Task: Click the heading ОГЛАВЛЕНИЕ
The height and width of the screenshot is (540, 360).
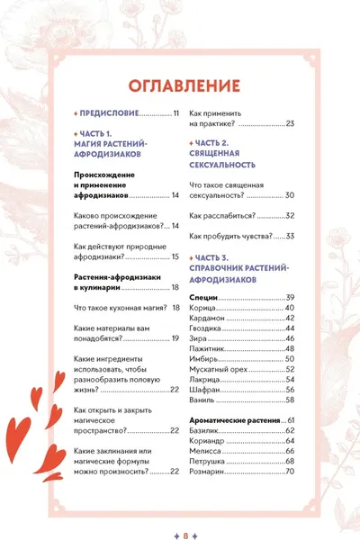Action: (x=184, y=85)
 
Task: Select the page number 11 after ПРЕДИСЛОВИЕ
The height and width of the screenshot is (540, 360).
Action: (x=176, y=113)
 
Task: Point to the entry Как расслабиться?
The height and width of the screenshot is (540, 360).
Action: (x=223, y=216)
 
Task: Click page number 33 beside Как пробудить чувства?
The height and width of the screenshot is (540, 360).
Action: (x=290, y=236)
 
